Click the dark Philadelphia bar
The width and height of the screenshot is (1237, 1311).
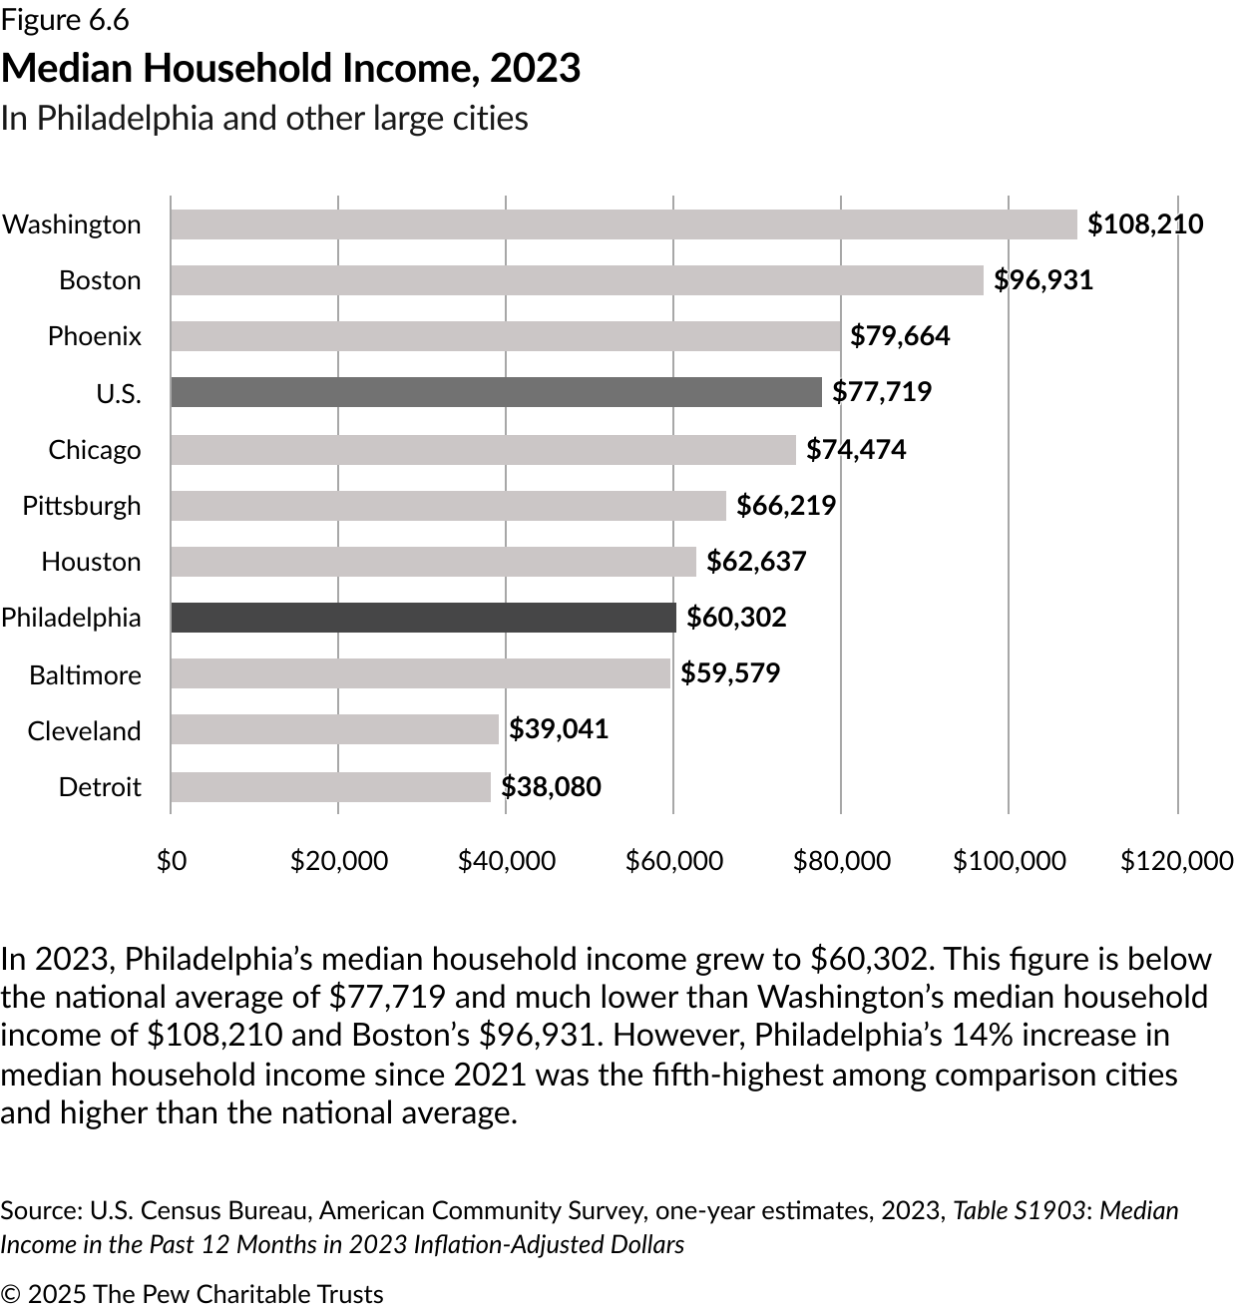(423, 618)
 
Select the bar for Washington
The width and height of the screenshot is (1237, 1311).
(623, 224)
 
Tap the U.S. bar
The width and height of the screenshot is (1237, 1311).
(496, 392)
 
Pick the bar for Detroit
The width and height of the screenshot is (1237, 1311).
(330, 787)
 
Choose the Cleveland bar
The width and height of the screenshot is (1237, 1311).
(334, 730)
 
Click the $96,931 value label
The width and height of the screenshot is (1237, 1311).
(1043, 280)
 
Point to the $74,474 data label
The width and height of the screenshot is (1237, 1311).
(856, 450)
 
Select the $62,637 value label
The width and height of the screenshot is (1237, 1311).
(756, 562)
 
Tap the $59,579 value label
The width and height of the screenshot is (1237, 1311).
(730, 673)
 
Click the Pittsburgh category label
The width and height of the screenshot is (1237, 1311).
(82, 506)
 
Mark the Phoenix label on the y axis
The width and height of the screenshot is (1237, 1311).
(95, 336)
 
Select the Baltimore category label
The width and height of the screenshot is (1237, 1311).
(85, 675)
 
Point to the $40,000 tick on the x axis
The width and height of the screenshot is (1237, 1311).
(507, 860)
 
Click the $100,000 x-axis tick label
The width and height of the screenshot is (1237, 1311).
(1009, 860)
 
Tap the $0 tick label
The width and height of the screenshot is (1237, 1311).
(172, 860)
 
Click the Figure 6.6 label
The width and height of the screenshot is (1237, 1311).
(65, 20)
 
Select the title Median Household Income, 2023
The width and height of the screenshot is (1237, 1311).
(290, 68)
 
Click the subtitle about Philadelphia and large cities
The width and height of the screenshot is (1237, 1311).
(264, 118)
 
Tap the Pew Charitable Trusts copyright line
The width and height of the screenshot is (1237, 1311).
(192, 1294)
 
